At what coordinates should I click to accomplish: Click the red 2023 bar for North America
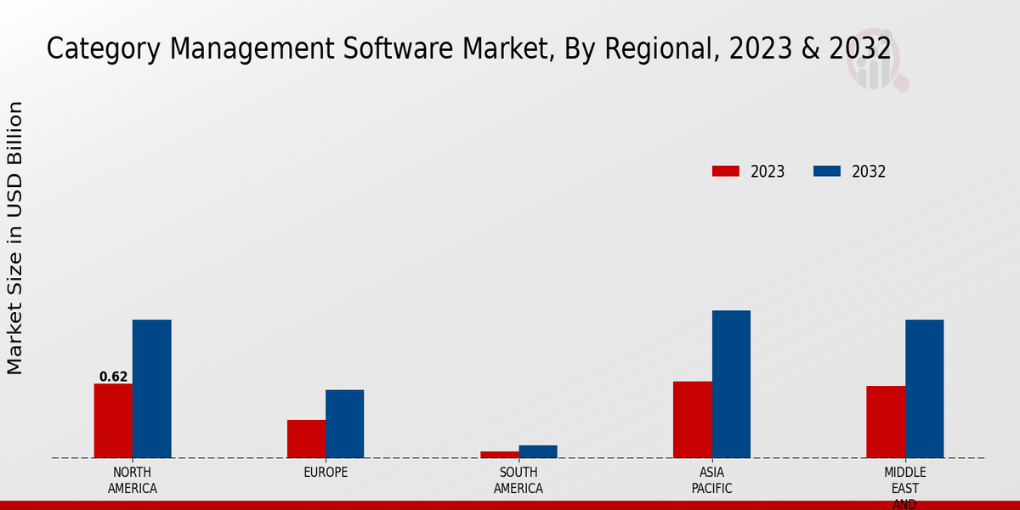pyautogui.click(x=113, y=421)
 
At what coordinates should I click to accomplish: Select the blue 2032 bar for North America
pyautogui.click(x=151, y=388)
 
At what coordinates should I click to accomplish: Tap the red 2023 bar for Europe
pyautogui.click(x=306, y=439)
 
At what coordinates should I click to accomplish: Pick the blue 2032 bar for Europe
pyautogui.click(x=344, y=423)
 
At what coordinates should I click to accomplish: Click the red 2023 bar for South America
pyautogui.click(x=499, y=455)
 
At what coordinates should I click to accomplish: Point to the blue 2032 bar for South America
pyautogui.click(x=538, y=451)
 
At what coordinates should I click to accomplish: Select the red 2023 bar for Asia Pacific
pyautogui.click(x=692, y=419)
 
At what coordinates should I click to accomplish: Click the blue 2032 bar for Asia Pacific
pyautogui.click(x=731, y=384)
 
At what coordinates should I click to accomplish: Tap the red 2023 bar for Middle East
pyautogui.click(x=886, y=422)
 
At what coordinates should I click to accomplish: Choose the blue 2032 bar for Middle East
pyautogui.click(x=924, y=388)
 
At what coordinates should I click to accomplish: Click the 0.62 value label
pyautogui.click(x=113, y=377)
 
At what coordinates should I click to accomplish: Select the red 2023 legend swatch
pyautogui.click(x=725, y=171)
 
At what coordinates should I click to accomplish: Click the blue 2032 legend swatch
pyautogui.click(x=826, y=171)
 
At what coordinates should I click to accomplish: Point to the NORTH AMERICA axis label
pyautogui.click(x=132, y=480)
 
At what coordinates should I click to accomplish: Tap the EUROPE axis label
pyautogui.click(x=326, y=473)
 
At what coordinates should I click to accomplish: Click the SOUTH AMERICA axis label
pyautogui.click(x=518, y=480)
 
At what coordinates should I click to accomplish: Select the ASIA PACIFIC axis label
pyautogui.click(x=711, y=480)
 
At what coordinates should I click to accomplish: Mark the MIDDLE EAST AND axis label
pyautogui.click(x=904, y=488)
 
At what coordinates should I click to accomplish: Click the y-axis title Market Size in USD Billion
pyautogui.click(x=15, y=238)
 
